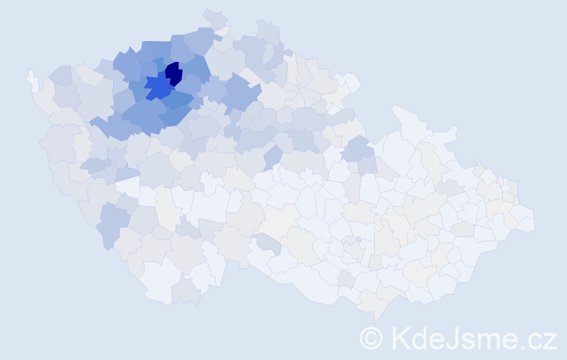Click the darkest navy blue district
[x=173, y=73]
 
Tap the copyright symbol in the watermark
[x=371, y=338]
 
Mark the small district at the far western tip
[x=32, y=79]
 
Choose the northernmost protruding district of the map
[x=214, y=19]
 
